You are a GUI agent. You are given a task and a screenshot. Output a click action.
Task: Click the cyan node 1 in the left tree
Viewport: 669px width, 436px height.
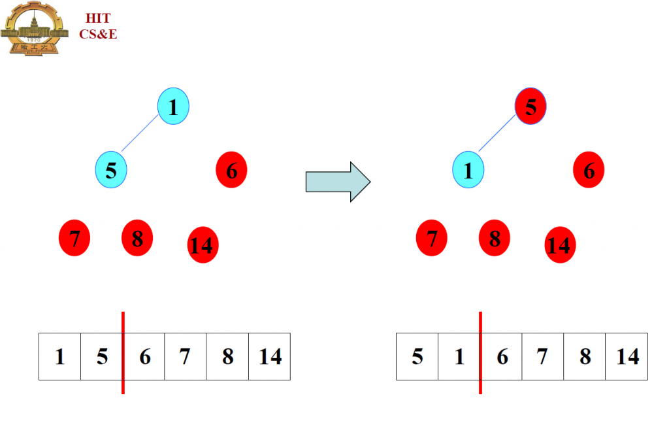pyautogui.click(x=173, y=107)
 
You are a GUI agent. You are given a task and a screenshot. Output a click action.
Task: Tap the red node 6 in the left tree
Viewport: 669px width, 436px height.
pyautogui.click(x=231, y=170)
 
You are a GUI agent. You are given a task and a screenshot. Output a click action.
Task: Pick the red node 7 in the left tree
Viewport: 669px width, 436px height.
pyautogui.click(x=74, y=239)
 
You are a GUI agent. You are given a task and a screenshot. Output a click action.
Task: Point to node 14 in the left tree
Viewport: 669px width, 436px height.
pyautogui.click(x=203, y=245)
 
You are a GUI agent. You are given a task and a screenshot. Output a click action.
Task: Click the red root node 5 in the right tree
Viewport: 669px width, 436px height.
pyautogui.click(x=530, y=107)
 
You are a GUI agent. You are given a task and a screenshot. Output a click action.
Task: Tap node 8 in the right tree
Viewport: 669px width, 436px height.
pyautogui.click(x=495, y=239)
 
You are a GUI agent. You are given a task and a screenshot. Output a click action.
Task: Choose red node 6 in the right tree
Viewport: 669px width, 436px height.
pyautogui.click(x=589, y=170)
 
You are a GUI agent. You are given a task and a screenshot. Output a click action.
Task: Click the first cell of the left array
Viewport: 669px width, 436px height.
pyautogui.click(x=60, y=356)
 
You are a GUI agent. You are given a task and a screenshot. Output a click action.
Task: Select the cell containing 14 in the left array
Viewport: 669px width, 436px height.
pyautogui.click(x=269, y=356)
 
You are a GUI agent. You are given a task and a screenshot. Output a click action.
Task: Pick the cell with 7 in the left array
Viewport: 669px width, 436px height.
pyautogui.click(x=186, y=356)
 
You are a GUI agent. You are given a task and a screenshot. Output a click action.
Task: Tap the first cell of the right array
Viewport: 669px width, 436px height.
pyautogui.click(x=417, y=356)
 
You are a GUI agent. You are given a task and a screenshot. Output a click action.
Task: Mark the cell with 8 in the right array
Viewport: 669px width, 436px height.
pyautogui.click(x=585, y=356)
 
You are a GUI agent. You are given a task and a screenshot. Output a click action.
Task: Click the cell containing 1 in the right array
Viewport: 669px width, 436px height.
pyautogui.click(x=459, y=356)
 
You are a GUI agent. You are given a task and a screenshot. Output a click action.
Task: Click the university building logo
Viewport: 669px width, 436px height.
pyautogui.click(x=35, y=29)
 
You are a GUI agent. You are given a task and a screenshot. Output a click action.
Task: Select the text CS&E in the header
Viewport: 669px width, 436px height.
pyautogui.click(x=98, y=35)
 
